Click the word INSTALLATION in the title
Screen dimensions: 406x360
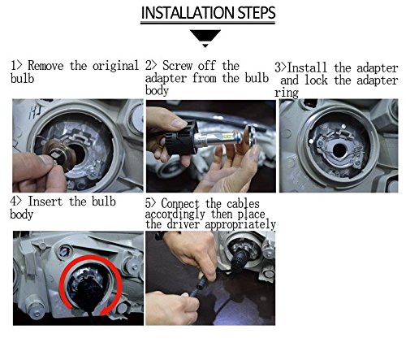(x=188, y=13)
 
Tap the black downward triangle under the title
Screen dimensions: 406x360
(x=205, y=37)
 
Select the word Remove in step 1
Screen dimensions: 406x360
(x=45, y=66)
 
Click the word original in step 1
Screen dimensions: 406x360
(x=115, y=67)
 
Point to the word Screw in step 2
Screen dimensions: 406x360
(x=177, y=66)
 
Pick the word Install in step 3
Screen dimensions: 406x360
(x=307, y=67)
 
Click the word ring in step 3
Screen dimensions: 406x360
(x=287, y=93)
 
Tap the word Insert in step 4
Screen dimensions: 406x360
(x=45, y=202)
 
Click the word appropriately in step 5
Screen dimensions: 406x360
(x=240, y=224)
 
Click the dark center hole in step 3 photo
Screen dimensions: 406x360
(x=339, y=150)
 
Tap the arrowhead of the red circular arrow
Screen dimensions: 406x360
(x=106, y=310)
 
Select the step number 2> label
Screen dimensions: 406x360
(x=151, y=66)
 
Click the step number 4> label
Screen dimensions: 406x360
(x=15, y=202)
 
